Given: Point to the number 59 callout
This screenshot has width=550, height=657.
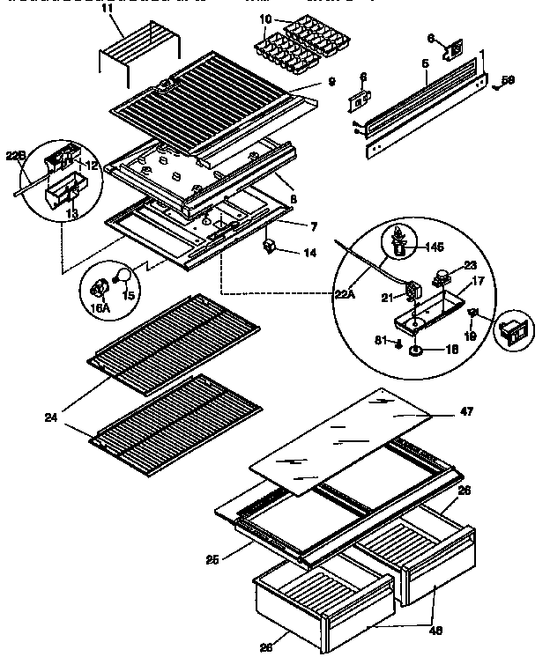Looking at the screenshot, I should coord(508,81).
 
